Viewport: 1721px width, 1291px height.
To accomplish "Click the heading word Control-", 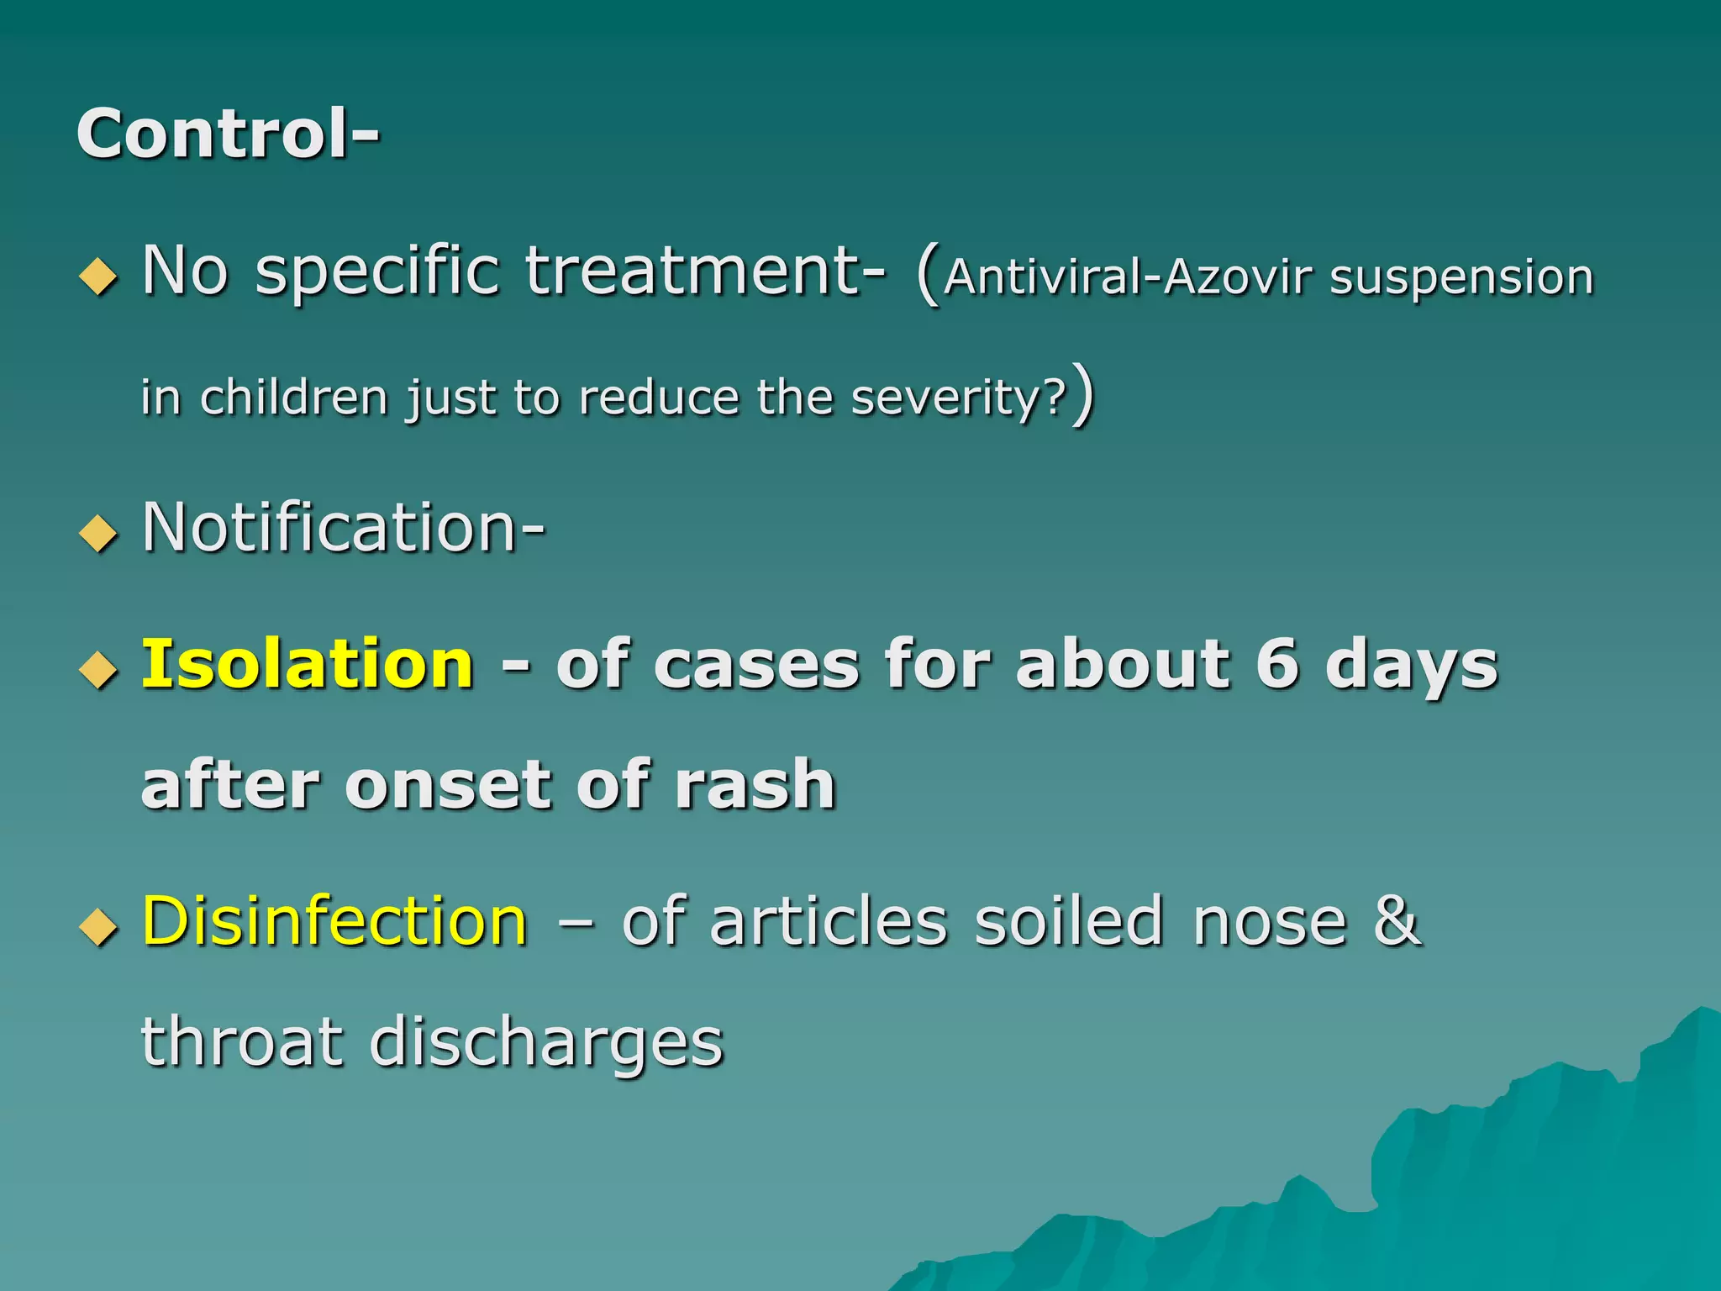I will click(x=228, y=134).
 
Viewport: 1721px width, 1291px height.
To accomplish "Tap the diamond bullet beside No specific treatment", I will click(x=98, y=277).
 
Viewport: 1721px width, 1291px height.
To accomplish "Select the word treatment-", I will click(x=705, y=271).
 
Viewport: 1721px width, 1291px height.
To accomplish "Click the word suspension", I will click(x=1461, y=278).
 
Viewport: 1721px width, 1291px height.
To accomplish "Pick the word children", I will click(x=293, y=397).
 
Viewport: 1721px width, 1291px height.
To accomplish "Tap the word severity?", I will click(x=959, y=398).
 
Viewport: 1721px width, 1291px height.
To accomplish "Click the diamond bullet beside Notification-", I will click(x=98, y=533).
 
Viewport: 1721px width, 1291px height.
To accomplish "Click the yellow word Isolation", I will click(x=308, y=664).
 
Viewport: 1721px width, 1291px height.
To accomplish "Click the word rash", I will click(x=755, y=784).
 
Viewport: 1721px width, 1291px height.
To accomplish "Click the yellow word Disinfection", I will click(x=334, y=921).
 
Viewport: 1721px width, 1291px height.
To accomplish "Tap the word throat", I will click(x=242, y=1042).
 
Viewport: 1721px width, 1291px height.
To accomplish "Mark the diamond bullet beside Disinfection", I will click(x=98, y=927).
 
